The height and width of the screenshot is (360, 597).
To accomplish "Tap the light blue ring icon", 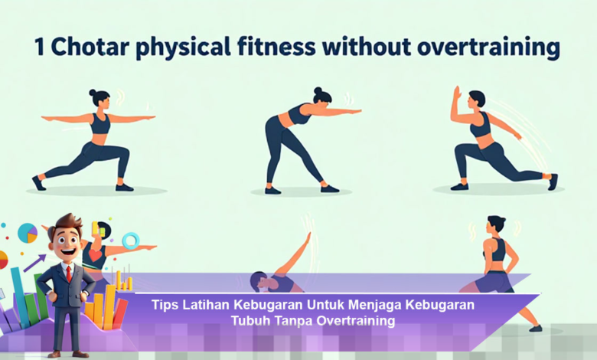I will tap(130, 241).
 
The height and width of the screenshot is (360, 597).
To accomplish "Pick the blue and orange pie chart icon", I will tap(28, 232).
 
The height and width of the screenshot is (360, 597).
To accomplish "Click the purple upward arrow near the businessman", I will tap(34, 263).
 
